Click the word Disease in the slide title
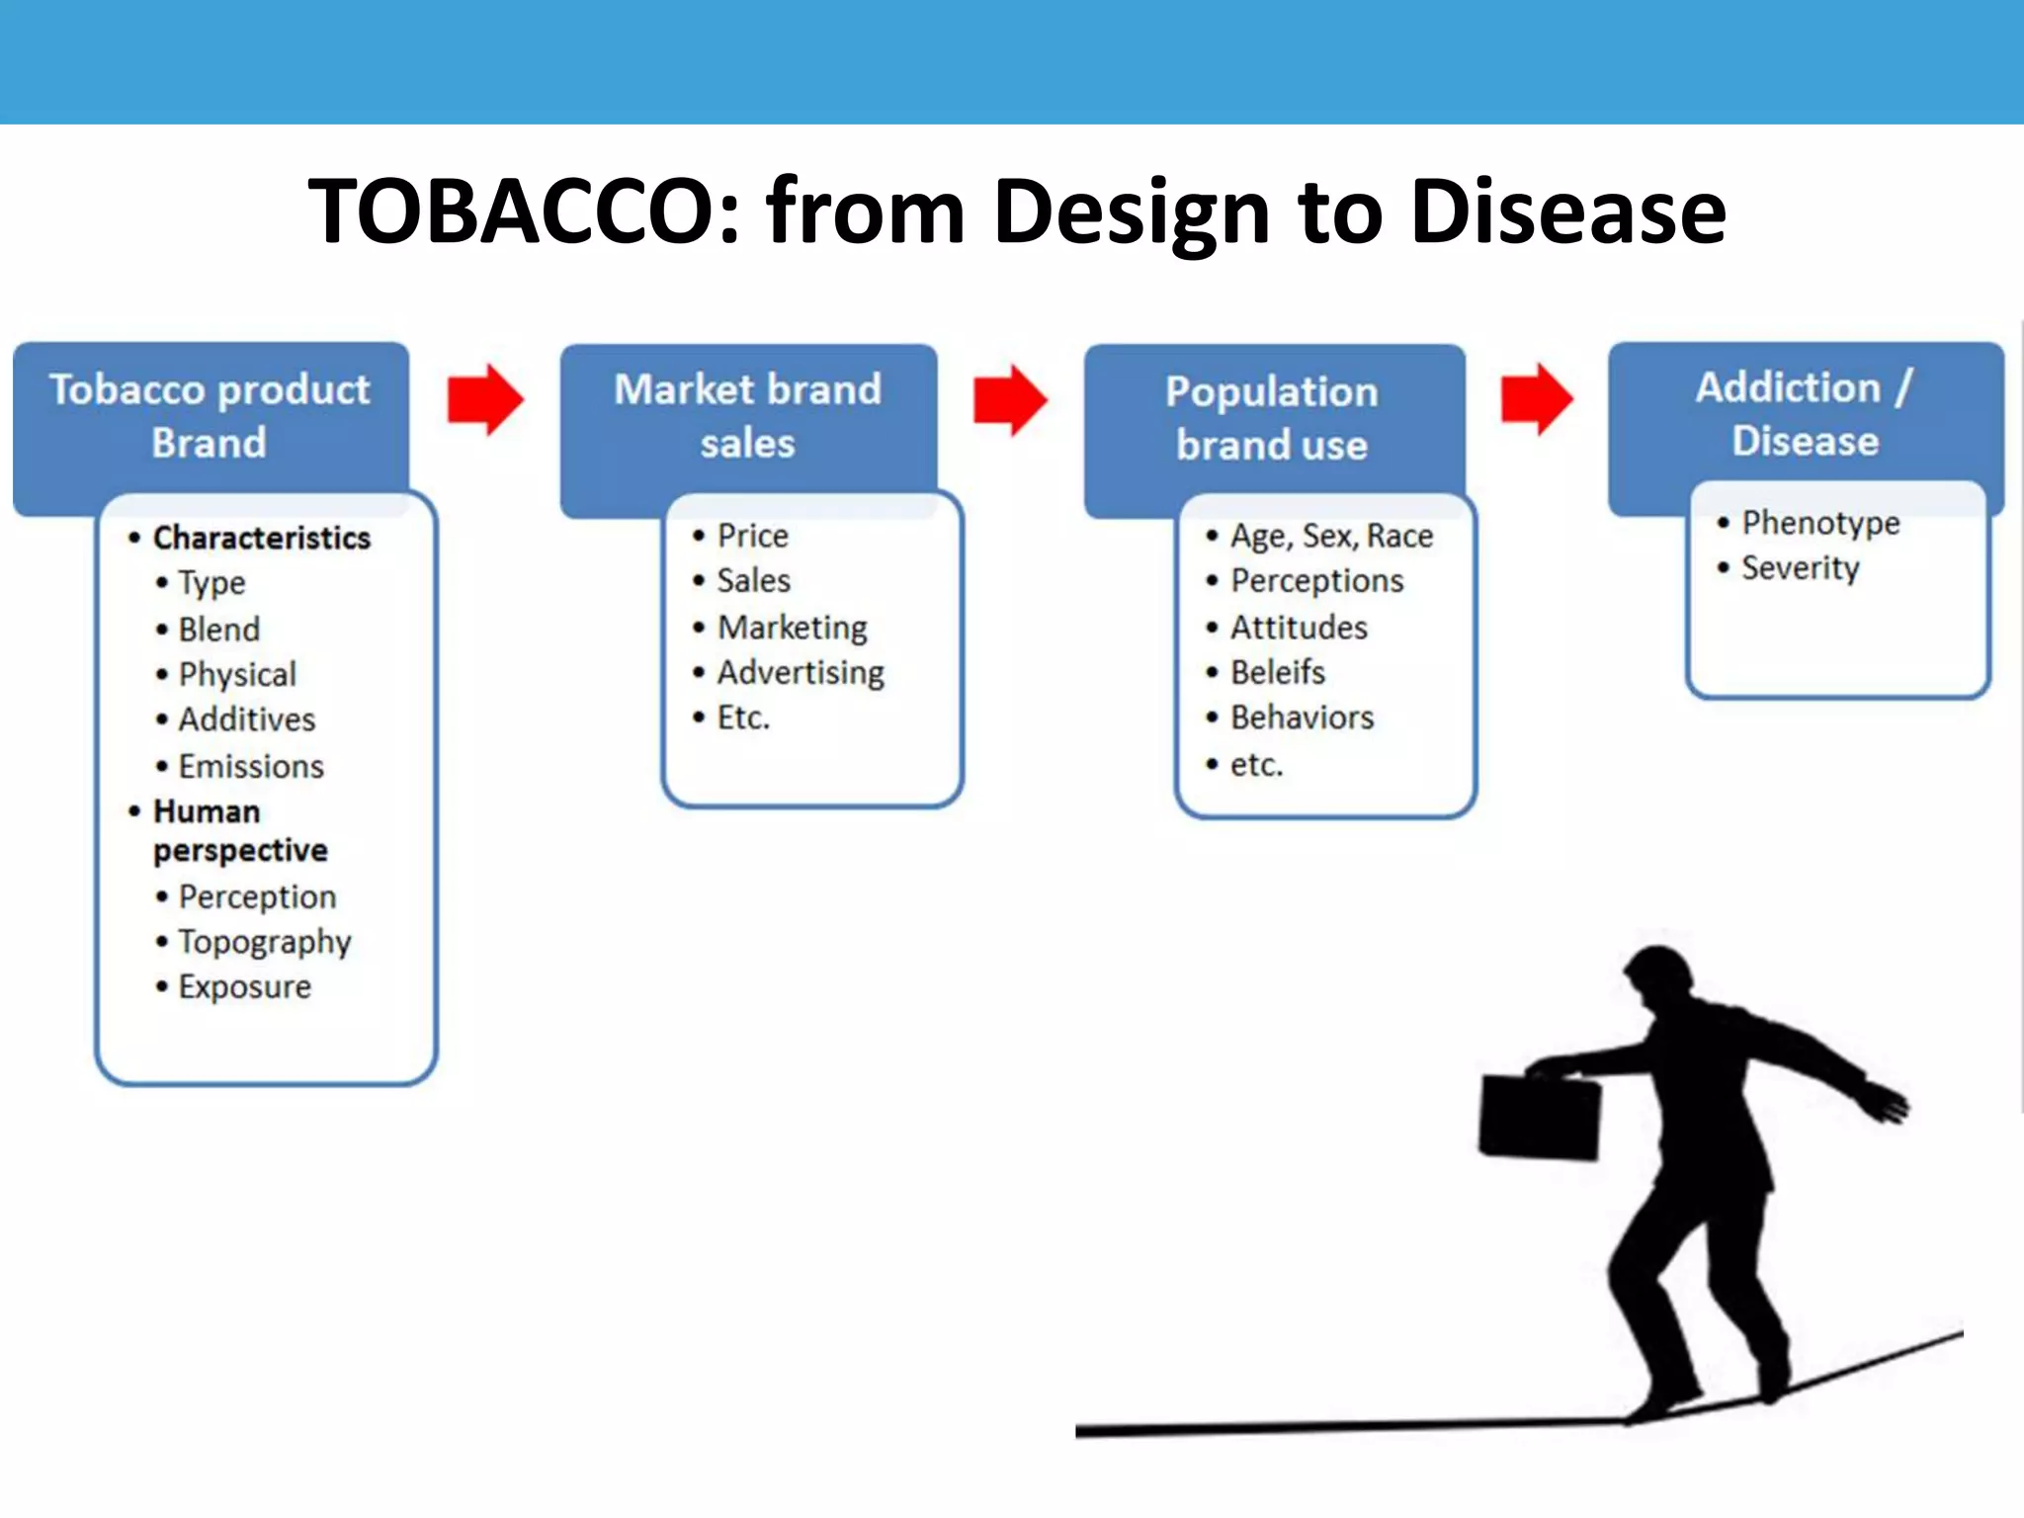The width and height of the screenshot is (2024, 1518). pyautogui.click(x=1567, y=211)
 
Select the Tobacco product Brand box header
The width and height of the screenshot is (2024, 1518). pyautogui.click(x=210, y=416)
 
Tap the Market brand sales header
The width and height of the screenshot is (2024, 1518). pyautogui.click(x=748, y=416)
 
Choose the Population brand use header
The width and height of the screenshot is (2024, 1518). pyautogui.click(x=1272, y=418)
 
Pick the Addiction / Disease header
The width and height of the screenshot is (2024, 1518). pyautogui.click(x=1805, y=414)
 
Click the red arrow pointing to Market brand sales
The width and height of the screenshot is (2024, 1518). pyautogui.click(x=484, y=400)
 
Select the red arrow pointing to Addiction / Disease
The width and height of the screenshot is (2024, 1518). pyautogui.click(x=1536, y=399)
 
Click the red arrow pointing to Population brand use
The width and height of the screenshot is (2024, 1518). pyautogui.click(x=1009, y=400)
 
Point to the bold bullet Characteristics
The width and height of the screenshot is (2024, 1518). pyautogui.click(x=262, y=538)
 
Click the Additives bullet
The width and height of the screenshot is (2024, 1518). pyautogui.click(x=247, y=719)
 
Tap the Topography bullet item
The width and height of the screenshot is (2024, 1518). pyautogui.click(x=265, y=942)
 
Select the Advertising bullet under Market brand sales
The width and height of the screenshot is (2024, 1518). pyautogui.click(x=801, y=673)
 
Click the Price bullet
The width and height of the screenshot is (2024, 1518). pyautogui.click(x=753, y=536)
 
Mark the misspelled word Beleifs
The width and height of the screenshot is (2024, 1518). pyautogui.click(x=1277, y=673)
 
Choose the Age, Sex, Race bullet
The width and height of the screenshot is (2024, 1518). pyautogui.click(x=1331, y=536)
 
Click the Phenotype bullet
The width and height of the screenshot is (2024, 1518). pyautogui.click(x=1820, y=523)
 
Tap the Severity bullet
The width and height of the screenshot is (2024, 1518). pyautogui.click(x=1800, y=568)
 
